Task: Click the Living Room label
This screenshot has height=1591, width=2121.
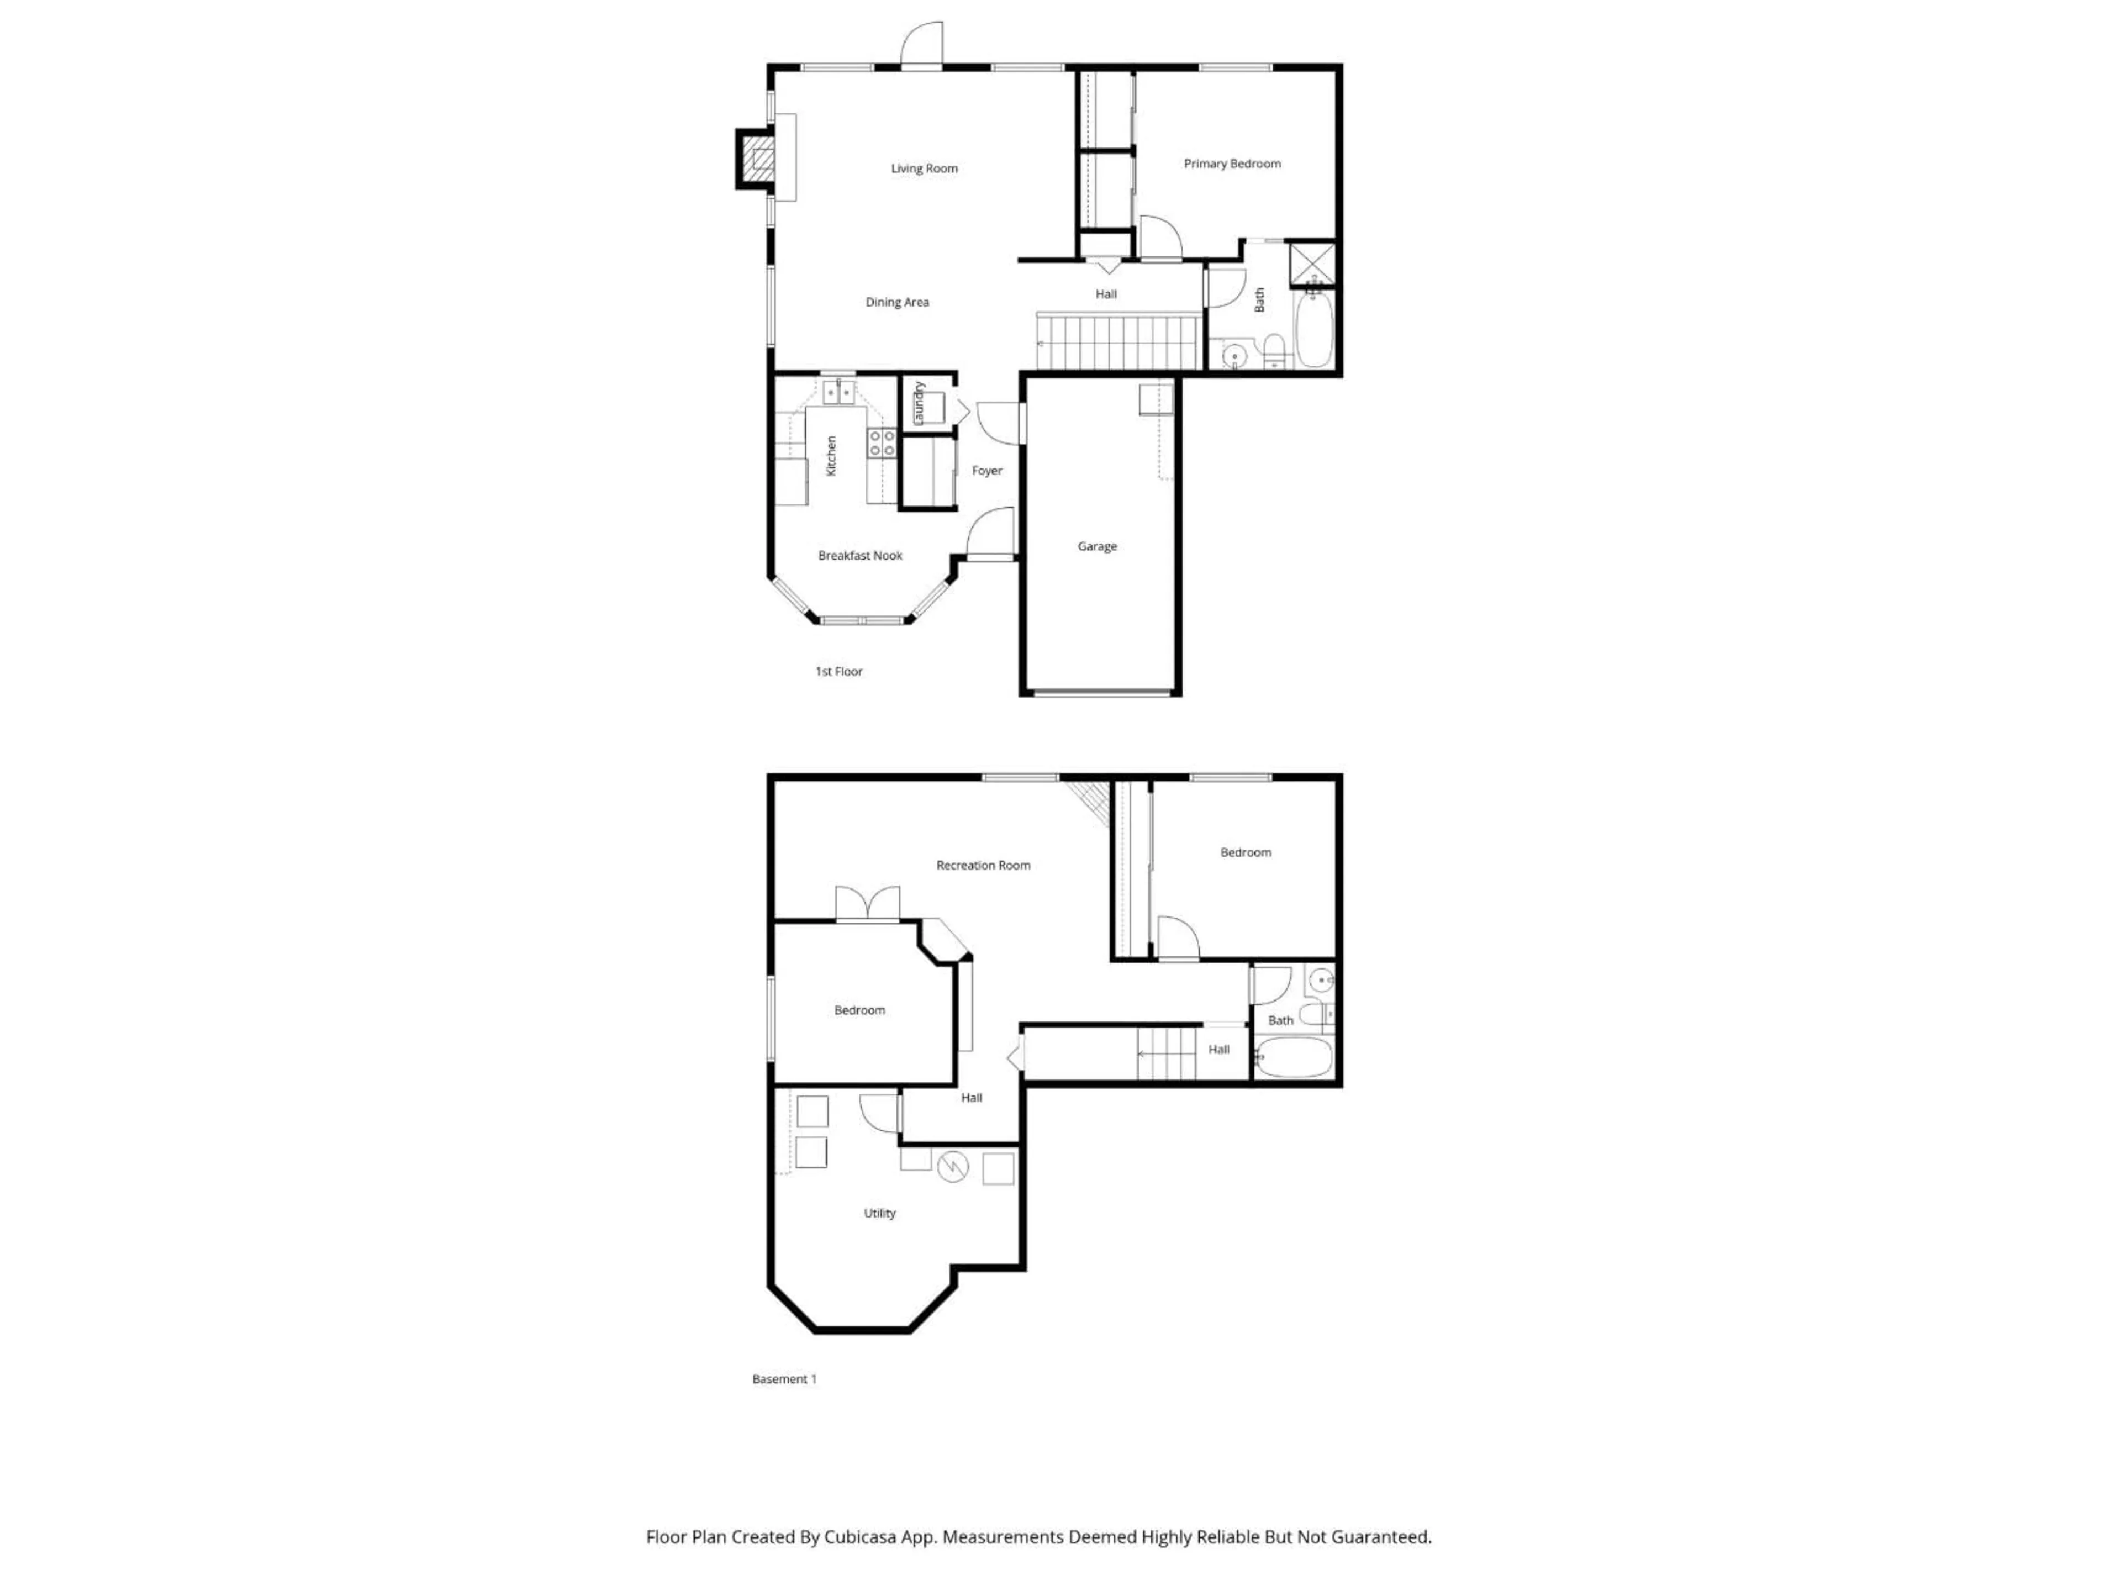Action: [924, 169]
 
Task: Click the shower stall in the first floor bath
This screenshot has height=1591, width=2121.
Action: [1312, 264]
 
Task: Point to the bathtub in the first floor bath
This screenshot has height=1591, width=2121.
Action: [1313, 330]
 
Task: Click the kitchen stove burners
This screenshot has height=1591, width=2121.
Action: [881, 443]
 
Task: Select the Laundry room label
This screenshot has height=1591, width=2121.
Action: [919, 404]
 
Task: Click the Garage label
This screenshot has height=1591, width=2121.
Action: [1097, 547]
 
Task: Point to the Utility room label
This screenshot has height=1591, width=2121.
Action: [879, 1213]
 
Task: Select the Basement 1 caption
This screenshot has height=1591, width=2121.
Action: [783, 1379]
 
